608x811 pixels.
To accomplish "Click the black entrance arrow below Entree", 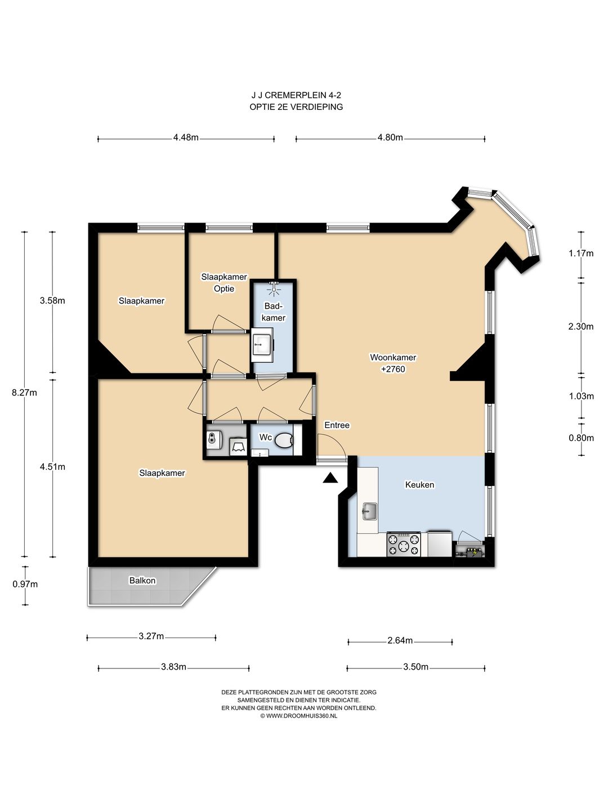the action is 330,478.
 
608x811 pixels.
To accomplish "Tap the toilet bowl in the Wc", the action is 284,440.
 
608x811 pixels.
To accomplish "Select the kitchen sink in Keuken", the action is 369,511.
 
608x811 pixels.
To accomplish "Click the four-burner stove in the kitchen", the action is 404,544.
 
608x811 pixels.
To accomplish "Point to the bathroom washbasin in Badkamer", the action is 263,344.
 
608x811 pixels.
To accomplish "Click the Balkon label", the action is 142,581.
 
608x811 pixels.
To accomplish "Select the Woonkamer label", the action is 393,357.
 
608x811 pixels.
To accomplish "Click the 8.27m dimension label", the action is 24,393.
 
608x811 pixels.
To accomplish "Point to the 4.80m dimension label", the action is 390,137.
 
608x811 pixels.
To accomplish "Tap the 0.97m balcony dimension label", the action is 25,584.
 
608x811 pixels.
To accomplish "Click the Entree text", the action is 337,425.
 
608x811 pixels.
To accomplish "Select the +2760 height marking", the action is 393,369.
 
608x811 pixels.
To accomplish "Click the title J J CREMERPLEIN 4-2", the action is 296,95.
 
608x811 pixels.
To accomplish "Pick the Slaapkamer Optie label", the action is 224,283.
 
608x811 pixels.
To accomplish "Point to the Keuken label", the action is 419,484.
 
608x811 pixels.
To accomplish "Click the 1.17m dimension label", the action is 581,253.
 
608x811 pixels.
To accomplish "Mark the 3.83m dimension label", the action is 173,667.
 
